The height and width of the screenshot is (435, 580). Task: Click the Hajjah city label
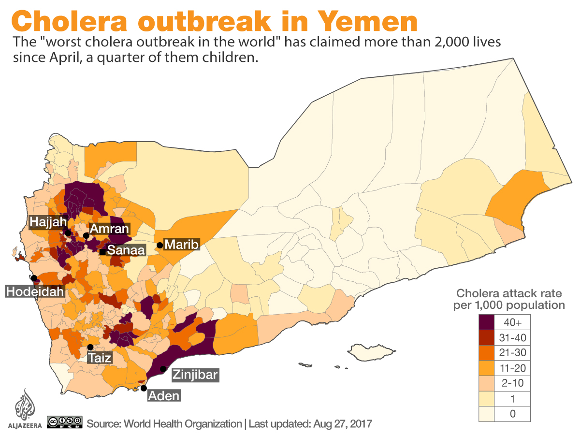tap(46, 222)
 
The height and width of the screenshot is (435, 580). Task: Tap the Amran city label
tap(109, 229)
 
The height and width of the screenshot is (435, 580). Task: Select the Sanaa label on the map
tap(126, 250)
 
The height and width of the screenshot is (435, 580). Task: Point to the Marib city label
tap(181, 245)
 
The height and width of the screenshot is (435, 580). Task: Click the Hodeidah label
tap(35, 291)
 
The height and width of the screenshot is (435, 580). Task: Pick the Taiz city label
tap(100, 358)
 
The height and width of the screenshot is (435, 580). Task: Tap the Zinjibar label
tap(195, 375)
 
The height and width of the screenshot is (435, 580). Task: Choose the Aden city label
tap(164, 396)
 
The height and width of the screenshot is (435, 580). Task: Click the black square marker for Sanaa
tap(102, 252)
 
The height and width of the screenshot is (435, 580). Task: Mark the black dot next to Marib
tap(159, 245)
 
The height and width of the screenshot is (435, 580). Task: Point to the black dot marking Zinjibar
tap(163, 369)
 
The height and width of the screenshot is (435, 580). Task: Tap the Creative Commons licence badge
tap(65, 422)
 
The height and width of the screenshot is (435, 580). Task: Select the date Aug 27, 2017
tap(343, 424)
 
